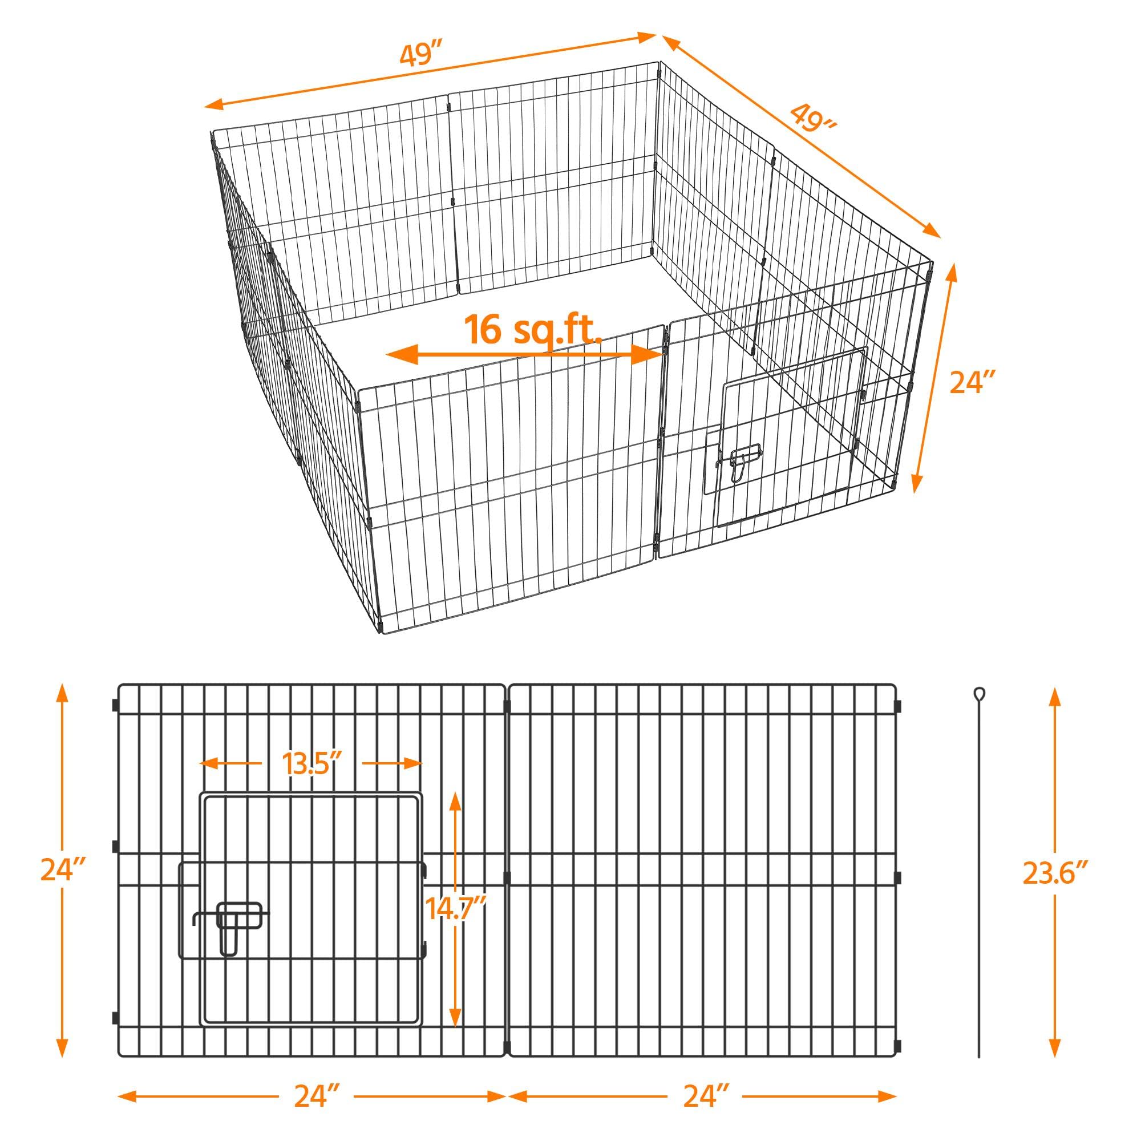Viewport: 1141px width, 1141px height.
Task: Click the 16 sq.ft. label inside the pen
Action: point(533,330)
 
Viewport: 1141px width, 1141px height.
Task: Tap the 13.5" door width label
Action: point(312,764)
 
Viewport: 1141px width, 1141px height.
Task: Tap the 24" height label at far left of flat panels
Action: point(63,871)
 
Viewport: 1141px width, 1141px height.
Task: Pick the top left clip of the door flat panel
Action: point(115,705)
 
